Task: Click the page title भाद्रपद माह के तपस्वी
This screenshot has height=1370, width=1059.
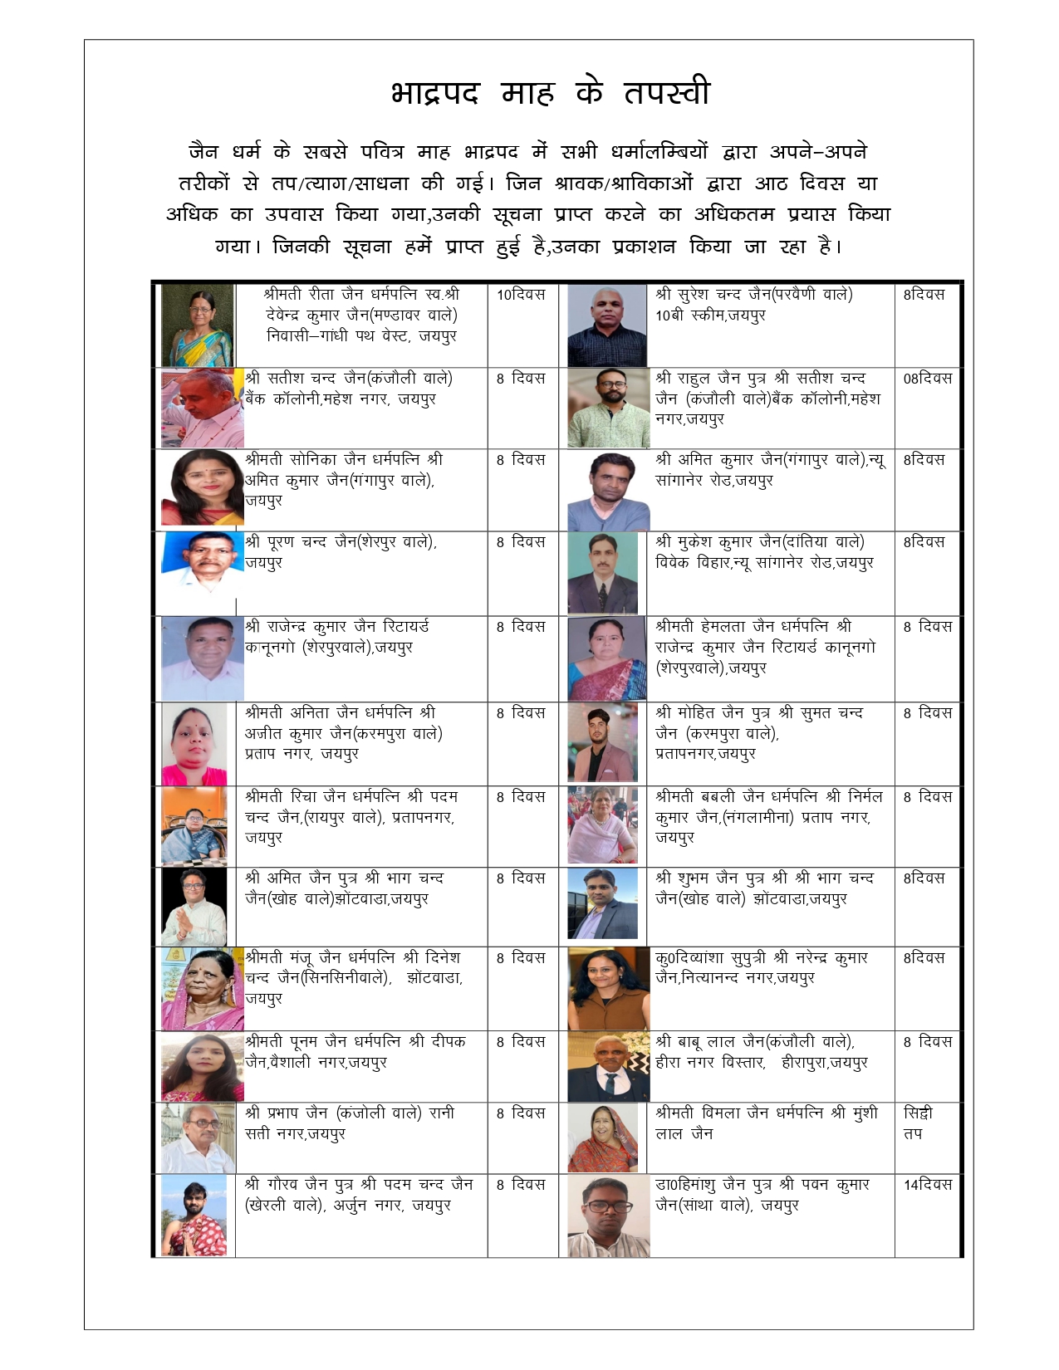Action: point(550,92)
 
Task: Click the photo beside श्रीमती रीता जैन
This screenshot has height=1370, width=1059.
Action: point(198,326)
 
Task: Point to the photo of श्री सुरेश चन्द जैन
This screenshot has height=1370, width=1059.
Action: point(606,326)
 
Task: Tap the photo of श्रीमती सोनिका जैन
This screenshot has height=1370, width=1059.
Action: point(202,488)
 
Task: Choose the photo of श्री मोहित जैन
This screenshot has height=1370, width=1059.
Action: point(601,743)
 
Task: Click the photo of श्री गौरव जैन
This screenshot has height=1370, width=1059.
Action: point(194,1215)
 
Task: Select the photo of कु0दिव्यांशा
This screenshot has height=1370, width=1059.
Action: point(607,989)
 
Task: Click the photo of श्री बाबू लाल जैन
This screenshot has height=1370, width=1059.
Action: point(607,1066)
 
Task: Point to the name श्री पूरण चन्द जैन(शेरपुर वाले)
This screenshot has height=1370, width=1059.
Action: point(341,542)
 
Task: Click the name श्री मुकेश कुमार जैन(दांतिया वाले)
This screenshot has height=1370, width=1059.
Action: point(759,542)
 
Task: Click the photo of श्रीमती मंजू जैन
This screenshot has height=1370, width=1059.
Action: point(202,989)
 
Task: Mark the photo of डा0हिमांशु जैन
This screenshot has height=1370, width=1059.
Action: point(605,1215)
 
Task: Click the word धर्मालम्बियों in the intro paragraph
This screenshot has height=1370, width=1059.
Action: point(659,152)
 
